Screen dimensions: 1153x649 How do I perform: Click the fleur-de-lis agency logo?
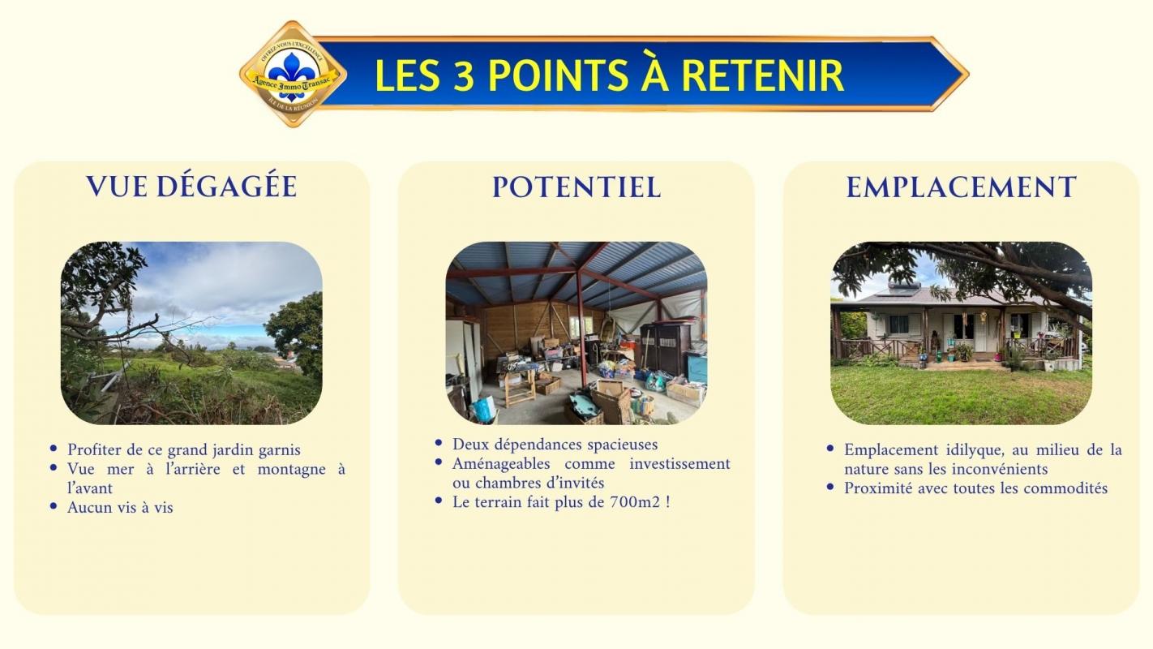(293, 74)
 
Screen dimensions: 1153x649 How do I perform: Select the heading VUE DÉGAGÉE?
(191, 186)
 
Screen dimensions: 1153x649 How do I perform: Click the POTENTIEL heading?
(576, 187)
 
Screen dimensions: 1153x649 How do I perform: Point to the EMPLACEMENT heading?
(961, 187)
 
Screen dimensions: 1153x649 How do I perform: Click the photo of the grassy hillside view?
(191, 333)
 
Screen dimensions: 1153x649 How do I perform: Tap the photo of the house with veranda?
(961, 333)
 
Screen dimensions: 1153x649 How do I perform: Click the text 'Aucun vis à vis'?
(120, 507)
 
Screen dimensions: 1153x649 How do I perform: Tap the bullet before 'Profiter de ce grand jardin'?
(54, 448)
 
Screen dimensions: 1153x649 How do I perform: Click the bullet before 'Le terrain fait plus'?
(439, 500)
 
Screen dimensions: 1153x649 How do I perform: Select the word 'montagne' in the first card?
(291, 470)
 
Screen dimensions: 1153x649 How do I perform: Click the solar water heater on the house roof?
(903, 287)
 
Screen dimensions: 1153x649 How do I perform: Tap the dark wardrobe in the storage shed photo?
(666, 348)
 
